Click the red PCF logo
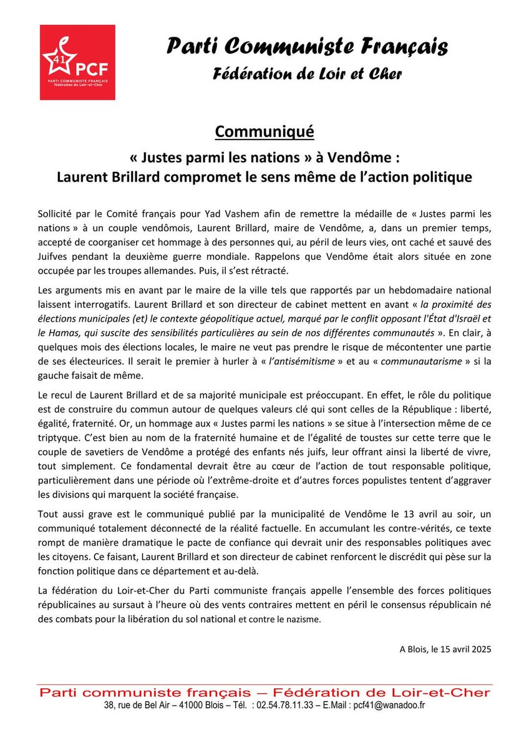tap(77, 62)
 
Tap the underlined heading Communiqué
tap(264, 132)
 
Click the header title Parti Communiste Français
tap(306, 47)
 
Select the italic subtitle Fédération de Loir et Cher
tap(307, 74)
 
